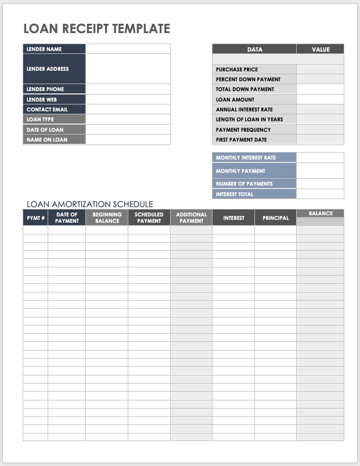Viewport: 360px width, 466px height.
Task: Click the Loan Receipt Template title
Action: click(96, 28)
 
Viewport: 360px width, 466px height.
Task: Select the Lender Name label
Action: click(44, 49)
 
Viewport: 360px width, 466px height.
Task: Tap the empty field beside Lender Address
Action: click(128, 69)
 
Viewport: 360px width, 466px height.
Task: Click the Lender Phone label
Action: click(45, 89)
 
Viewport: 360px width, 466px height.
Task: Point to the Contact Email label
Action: click(47, 110)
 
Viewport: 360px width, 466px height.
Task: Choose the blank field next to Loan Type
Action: click(128, 120)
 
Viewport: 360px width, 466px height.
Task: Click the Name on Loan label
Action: click(47, 140)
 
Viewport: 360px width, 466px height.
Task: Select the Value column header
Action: click(320, 49)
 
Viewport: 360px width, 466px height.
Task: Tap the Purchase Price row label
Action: click(237, 70)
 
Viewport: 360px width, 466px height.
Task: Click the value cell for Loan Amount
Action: click(320, 100)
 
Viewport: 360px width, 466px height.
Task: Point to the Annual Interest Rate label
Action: click(244, 110)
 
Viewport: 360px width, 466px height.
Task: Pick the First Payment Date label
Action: click(242, 140)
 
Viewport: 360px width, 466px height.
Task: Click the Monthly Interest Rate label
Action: click(246, 158)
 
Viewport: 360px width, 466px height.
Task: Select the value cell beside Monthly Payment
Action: click(320, 171)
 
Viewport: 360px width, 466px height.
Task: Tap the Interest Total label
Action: click(235, 194)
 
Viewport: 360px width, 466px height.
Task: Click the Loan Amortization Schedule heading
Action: click(90, 204)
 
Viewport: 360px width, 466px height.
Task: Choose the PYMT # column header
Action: click(35, 218)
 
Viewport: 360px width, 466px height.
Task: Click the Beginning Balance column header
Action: click(107, 218)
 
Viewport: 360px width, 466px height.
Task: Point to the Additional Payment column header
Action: click(191, 218)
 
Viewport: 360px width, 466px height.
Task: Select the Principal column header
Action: click(275, 218)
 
